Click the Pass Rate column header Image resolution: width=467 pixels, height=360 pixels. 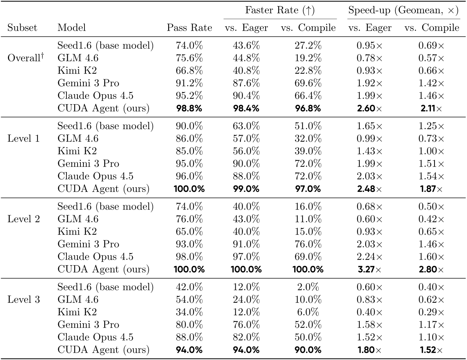pos(189,28)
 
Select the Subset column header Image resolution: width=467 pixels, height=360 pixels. pos(22,28)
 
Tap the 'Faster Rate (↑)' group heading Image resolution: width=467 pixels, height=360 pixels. pos(280,10)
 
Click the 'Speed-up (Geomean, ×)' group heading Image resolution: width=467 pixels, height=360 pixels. pos(403,10)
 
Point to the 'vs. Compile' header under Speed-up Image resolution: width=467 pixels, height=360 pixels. pos(432,28)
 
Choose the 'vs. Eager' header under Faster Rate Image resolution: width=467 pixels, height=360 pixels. pos(246,28)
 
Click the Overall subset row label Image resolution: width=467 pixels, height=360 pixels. pos(26,58)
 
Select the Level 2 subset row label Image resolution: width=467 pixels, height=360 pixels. pos(23,219)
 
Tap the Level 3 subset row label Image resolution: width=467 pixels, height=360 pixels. pos(23,299)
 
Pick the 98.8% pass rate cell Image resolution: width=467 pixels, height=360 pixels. pos(189,108)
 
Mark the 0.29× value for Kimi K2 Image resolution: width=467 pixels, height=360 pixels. pos(432,312)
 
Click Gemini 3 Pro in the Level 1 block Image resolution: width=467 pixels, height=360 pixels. pos(88,163)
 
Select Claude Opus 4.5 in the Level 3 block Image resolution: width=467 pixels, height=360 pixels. pos(95,337)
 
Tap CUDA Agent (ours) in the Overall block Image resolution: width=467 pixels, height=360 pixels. pos(103,108)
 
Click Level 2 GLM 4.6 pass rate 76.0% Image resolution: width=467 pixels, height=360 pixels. pos(189,219)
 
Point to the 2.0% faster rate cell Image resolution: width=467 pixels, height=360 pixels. pos(308,287)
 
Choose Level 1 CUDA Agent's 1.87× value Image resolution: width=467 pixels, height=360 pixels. pos(432,189)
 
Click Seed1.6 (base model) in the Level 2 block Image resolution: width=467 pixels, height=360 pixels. pos(105,206)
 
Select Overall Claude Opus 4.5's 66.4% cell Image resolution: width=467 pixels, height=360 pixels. pos(308,96)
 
